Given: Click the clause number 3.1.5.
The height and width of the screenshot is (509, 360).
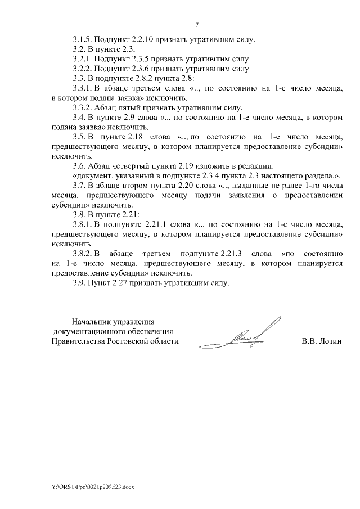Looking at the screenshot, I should [82, 40].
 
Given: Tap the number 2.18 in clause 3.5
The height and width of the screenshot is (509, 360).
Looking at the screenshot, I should [133, 137].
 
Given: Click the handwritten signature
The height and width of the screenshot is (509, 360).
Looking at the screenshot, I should [247, 336].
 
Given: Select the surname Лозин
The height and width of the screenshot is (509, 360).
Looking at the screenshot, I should [330, 341].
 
